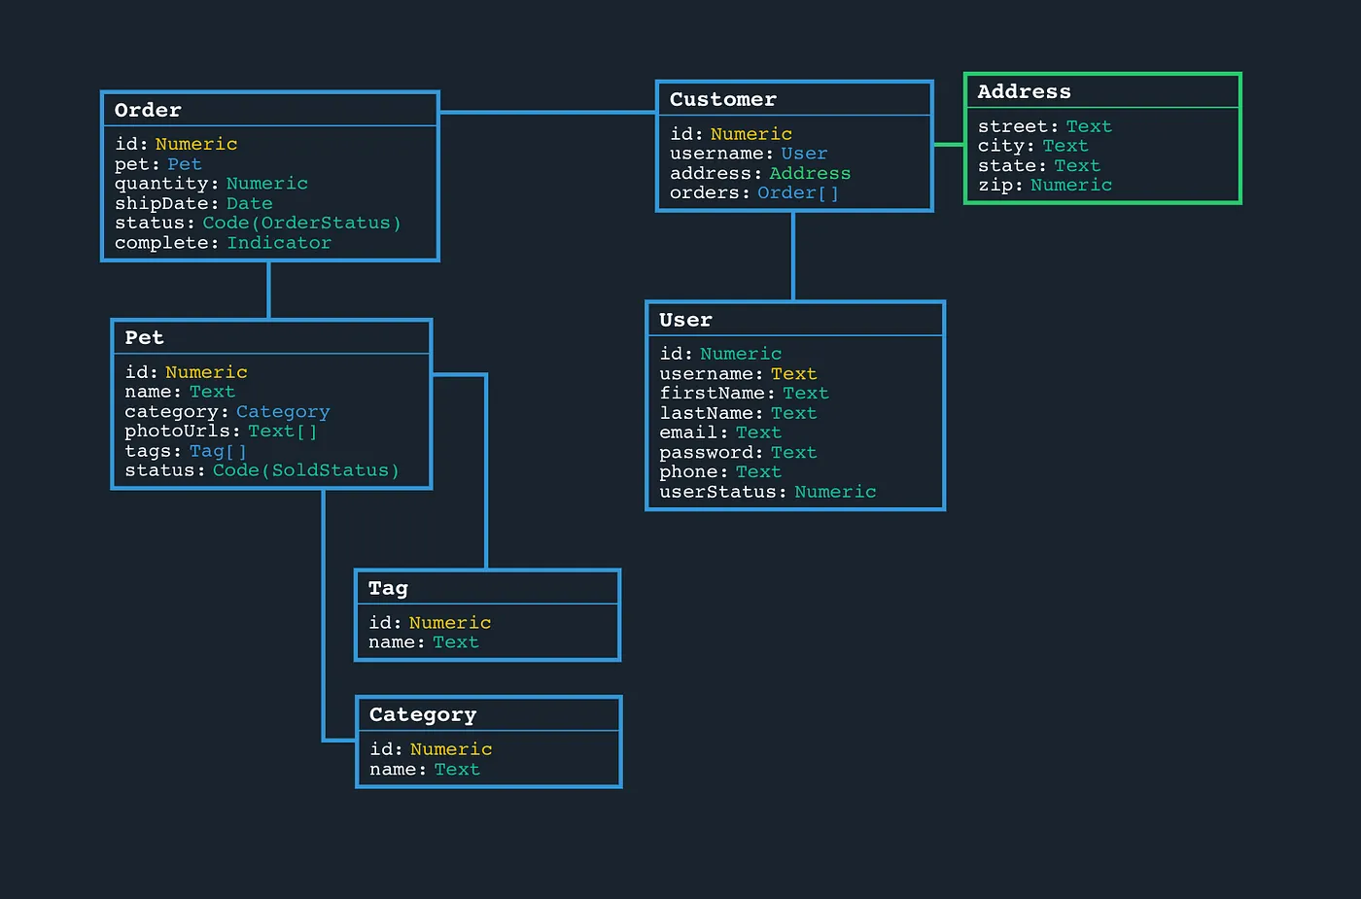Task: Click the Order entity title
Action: click(148, 110)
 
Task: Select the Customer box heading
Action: click(722, 99)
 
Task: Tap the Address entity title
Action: click(1024, 91)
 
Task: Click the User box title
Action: click(685, 320)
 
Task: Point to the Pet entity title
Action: click(144, 337)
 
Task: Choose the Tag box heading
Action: click(388, 588)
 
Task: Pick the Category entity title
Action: click(423, 714)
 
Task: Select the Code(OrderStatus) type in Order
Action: click(301, 223)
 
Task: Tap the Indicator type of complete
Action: click(279, 243)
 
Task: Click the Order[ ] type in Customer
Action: click(797, 192)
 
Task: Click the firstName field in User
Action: click(712, 393)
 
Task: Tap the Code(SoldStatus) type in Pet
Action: click(306, 470)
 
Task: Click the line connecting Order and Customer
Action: click(547, 112)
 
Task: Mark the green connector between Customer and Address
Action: click(948, 145)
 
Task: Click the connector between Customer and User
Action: click(793, 256)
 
